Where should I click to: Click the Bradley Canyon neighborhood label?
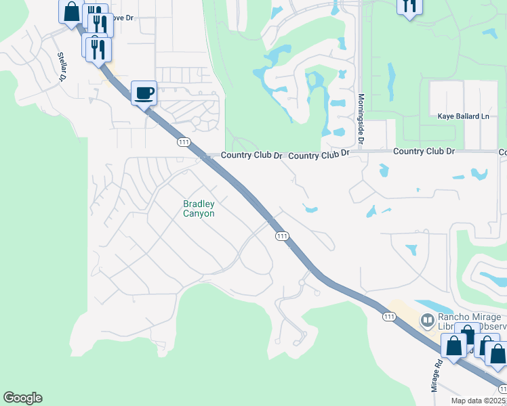(x=199, y=208)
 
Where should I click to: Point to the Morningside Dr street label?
(x=361, y=120)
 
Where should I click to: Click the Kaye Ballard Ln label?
(x=463, y=116)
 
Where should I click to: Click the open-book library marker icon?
(x=428, y=319)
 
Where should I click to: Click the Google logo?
(x=22, y=398)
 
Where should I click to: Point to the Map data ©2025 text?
(x=478, y=401)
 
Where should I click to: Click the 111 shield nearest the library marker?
(x=388, y=316)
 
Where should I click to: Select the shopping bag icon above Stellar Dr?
(x=72, y=12)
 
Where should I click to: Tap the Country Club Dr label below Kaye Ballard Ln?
(x=424, y=151)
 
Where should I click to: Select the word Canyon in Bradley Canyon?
(x=199, y=214)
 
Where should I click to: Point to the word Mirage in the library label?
(x=488, y=317)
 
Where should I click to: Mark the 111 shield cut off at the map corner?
(x=502, y=389)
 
